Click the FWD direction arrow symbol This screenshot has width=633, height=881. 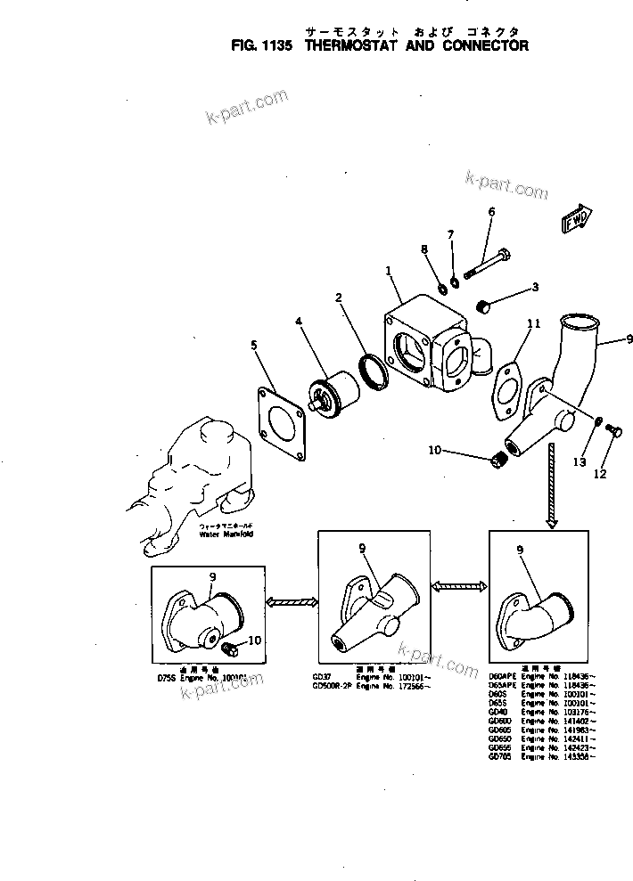579,217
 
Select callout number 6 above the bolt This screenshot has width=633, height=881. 490,212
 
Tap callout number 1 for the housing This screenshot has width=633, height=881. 388,269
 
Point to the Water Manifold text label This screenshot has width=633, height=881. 226,534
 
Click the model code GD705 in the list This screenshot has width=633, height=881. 500,756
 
